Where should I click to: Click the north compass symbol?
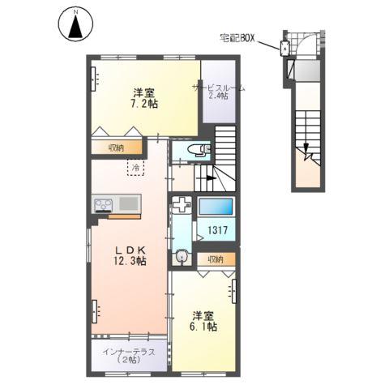[x=75, y=24]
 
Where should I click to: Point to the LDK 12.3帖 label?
[x=129, y=254]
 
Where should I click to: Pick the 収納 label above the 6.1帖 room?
[x=214, y=259]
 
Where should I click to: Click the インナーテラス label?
[x=129, y=354]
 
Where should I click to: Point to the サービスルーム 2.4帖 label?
[x=219, y=91]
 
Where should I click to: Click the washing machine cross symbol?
[x=182, y=204]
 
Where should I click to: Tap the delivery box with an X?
[x=284, y=49]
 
